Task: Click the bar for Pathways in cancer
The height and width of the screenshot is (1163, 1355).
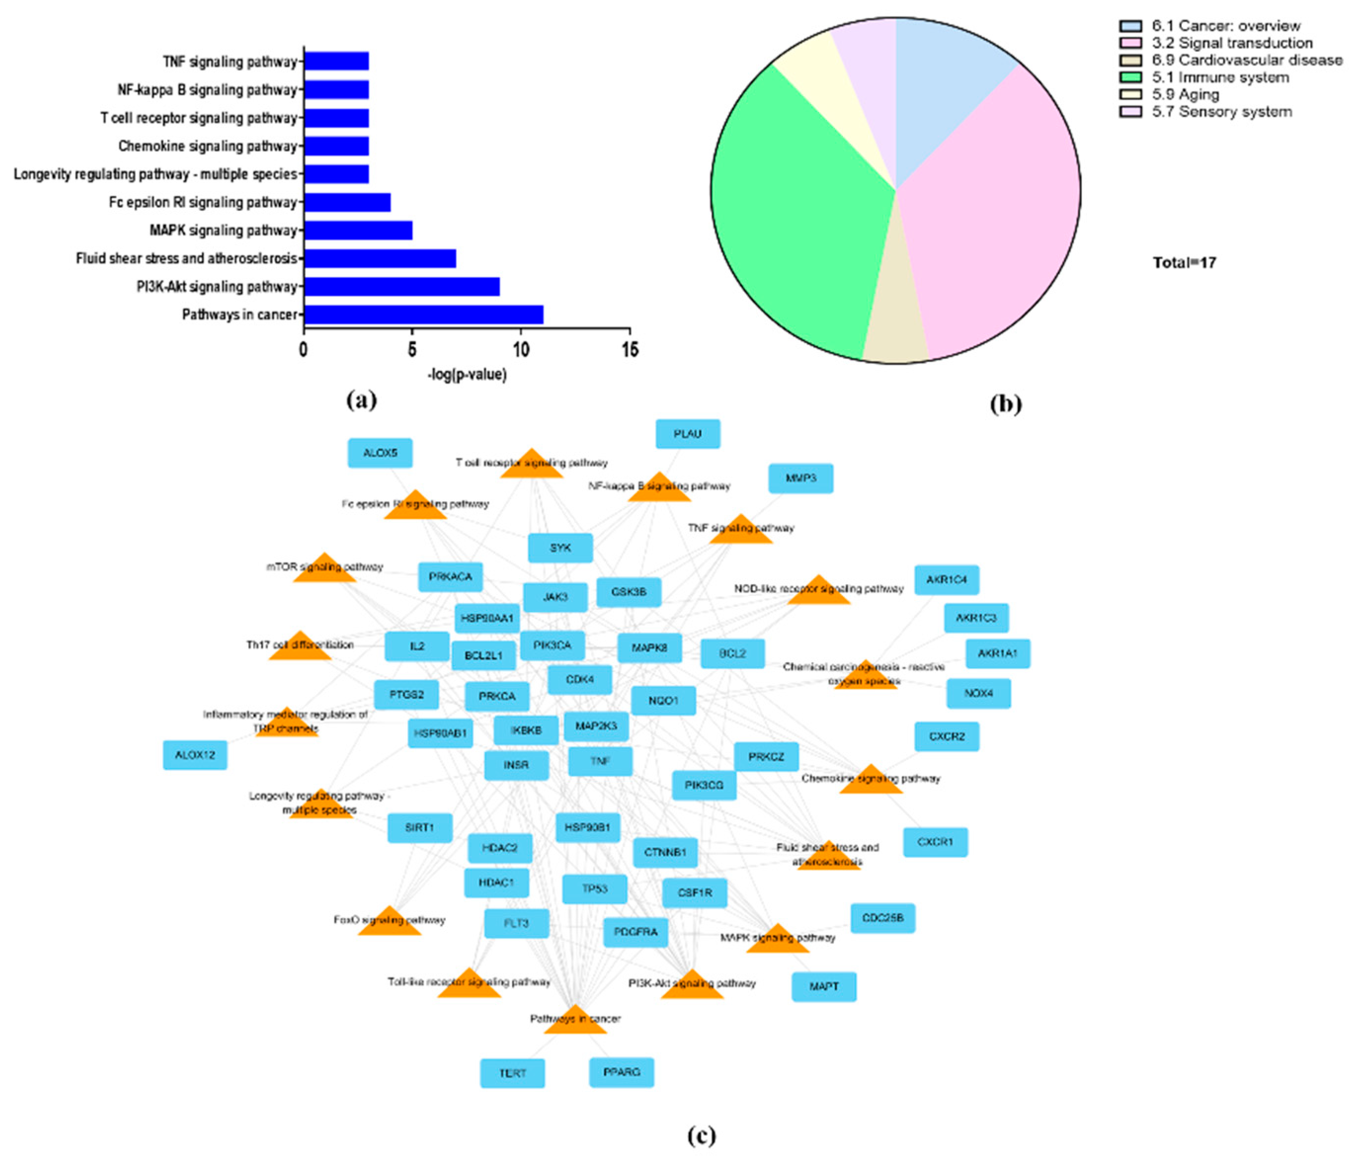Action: point(423,315)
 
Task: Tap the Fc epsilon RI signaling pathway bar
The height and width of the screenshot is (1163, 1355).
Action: point(347,202)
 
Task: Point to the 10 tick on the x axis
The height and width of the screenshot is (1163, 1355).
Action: point(520,350)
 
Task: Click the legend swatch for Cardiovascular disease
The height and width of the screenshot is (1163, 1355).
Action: point(1131,60)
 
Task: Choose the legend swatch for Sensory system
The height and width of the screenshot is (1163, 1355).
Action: point(1131,112)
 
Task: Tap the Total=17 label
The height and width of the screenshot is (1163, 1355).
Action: point(1184,263)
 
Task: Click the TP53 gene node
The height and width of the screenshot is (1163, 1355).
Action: point(595,889)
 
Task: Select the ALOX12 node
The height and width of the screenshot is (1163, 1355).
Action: point(195,755)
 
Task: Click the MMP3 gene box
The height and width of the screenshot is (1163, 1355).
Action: point(800,478)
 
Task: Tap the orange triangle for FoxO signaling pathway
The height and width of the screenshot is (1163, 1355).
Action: point(390,923)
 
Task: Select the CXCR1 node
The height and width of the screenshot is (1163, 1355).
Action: point(935,842)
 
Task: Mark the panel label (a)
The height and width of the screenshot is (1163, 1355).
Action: point(361,400)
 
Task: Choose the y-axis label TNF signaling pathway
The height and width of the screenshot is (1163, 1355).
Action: point(230,62)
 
